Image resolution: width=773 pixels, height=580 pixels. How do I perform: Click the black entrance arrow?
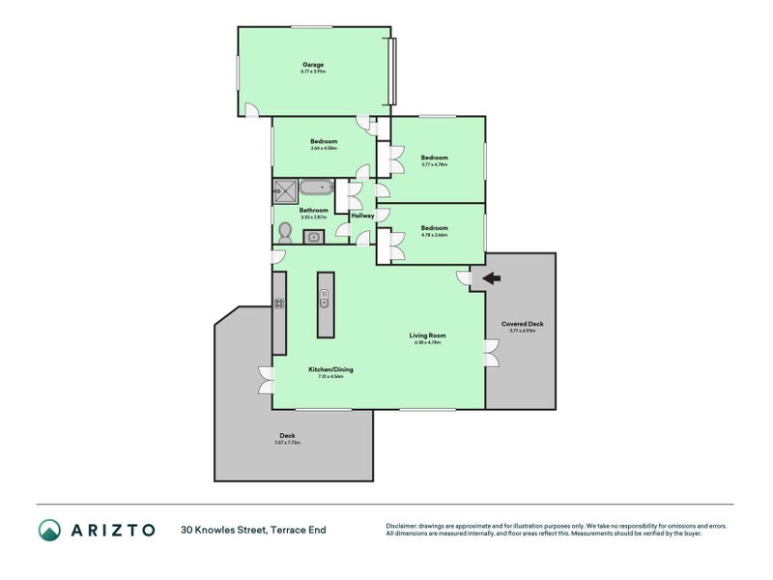(x=491, y=278)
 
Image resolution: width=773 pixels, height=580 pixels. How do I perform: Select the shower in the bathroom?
(x=285, y=190)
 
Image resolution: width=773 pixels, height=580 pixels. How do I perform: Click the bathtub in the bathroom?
(x=315, y=188)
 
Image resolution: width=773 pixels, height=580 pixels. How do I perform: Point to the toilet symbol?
(x=285, y=233)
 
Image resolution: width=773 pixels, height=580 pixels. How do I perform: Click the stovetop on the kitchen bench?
(x=278, y=303)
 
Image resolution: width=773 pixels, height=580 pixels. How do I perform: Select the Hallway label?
(x=362, y=216)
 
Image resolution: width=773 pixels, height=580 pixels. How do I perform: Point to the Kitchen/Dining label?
(x=325, y=369)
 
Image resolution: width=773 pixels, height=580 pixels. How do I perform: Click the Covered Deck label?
(x=521, y=324)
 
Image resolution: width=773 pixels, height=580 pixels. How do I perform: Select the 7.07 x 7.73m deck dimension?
(x=287, y=443)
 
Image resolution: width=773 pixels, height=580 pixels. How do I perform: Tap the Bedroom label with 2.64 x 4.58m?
(x=324, y=141)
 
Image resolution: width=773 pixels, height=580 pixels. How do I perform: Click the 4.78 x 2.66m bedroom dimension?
(x=434, y=235)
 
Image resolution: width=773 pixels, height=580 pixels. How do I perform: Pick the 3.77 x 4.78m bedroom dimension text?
(x=434, y=164)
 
